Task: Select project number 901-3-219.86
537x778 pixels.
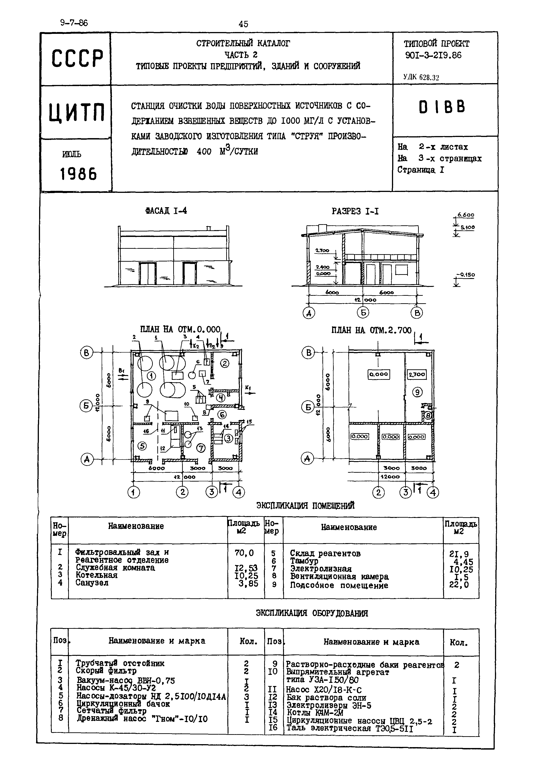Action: click(433, 55)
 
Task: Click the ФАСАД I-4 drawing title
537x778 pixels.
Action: click(166, 211)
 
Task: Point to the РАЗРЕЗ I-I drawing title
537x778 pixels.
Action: click(355, 211)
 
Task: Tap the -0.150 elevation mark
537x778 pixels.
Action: click(465, 275)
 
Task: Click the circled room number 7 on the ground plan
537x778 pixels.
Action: click(201, 448)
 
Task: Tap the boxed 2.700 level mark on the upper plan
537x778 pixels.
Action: click(417, 374)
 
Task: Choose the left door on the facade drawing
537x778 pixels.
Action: click(147, 274)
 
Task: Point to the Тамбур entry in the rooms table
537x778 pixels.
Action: click(304, 561)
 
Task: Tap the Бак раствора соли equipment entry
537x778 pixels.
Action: click(326, 698)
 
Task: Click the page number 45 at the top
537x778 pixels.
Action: click(243, 24)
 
